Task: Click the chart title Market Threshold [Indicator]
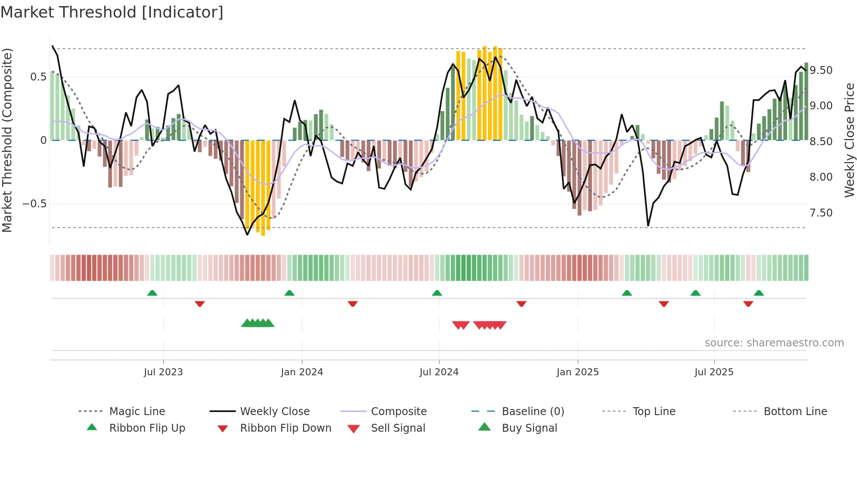point(112,12)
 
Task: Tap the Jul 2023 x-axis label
point(163,372)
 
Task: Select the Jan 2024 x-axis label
point(302,372)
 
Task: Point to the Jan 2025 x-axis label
point(578,372)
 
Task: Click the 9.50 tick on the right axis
point(821,70)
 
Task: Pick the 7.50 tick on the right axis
point(821,213)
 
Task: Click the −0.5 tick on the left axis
point(34,204)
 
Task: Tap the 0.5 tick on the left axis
point(38,77)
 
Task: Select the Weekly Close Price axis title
point(849,140)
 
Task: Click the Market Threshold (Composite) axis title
point(7,140)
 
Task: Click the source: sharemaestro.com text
point(774,343)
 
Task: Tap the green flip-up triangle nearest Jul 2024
point(437,293)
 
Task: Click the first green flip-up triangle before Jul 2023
point(152,293)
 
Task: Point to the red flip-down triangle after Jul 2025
point(748,304)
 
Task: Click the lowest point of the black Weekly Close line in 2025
point(648,226)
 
